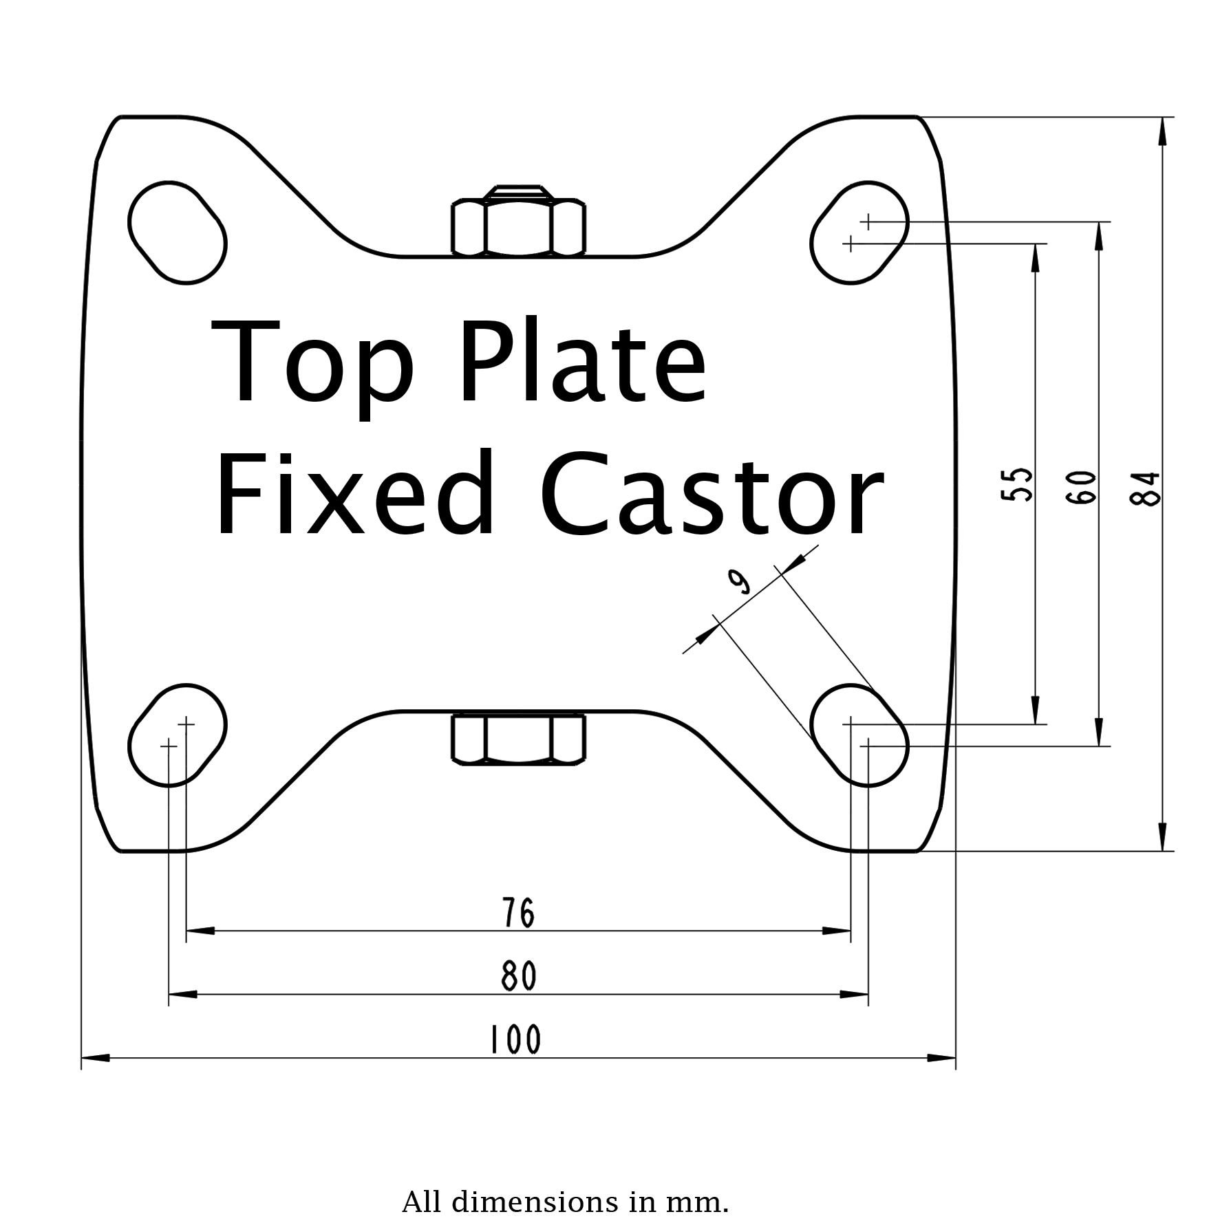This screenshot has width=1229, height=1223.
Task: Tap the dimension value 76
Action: tap(518, 913)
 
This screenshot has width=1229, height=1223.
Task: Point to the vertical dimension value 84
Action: tap(1146, 488)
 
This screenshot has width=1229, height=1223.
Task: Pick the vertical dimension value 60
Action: tap(1082, 487)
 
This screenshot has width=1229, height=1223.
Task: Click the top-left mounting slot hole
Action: tap(178, 232)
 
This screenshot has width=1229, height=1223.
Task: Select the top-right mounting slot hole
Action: tap(859, 232)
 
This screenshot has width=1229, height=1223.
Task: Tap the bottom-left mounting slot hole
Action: tap(178, 735)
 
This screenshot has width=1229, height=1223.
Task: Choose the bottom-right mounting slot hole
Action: tap(859, 735)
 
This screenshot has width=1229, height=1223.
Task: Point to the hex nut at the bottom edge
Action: tap(518, 739)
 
